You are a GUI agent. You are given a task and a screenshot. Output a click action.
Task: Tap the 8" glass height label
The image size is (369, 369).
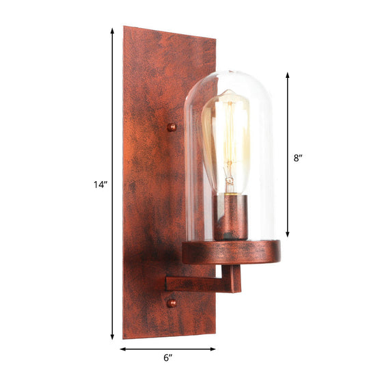[298, 158]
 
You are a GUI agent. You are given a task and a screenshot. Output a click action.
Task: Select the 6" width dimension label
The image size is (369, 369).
[168, 357]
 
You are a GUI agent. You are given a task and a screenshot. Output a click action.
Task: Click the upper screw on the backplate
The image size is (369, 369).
[172, 126]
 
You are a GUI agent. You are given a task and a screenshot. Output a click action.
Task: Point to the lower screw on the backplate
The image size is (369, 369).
[172, 302]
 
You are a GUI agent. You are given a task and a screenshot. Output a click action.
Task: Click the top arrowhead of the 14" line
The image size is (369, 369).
[112, 31]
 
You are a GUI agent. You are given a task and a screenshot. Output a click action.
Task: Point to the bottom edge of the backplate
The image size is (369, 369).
[169, 337]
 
